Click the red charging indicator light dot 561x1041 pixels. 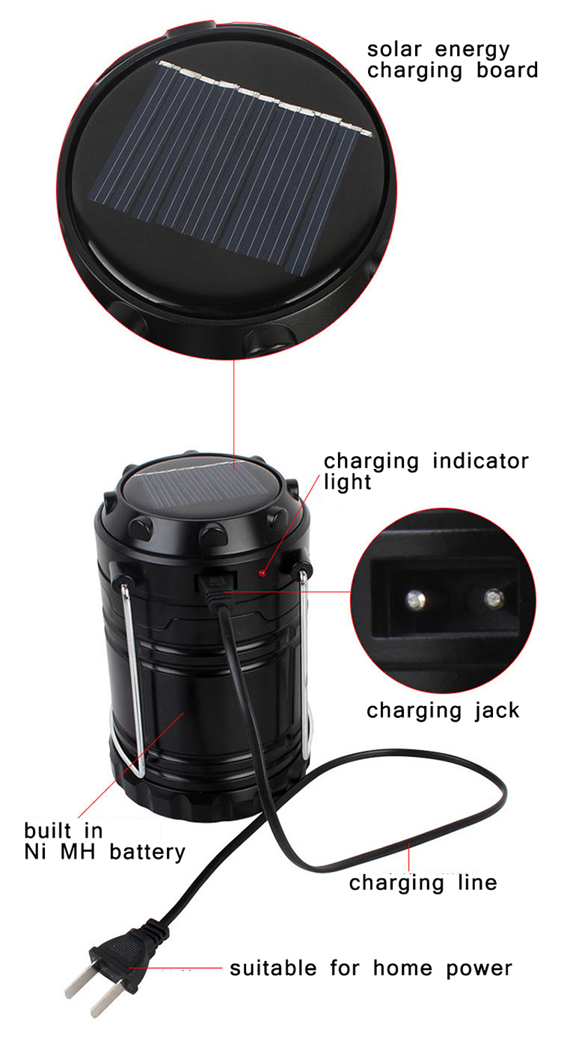point(263,573)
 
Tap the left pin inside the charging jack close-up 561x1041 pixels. point(416,600)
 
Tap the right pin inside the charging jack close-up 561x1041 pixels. point(494,598)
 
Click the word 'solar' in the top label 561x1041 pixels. point(394,49)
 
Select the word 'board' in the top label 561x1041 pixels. point(507,70)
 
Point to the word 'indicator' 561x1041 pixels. point(481,461)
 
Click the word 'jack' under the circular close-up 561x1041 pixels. point(497,711)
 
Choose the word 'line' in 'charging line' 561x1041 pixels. point(477,882)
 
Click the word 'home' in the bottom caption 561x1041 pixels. point(402,968)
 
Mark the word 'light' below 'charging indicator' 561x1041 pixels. point(347,482)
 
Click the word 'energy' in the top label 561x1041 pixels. point(472,49)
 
